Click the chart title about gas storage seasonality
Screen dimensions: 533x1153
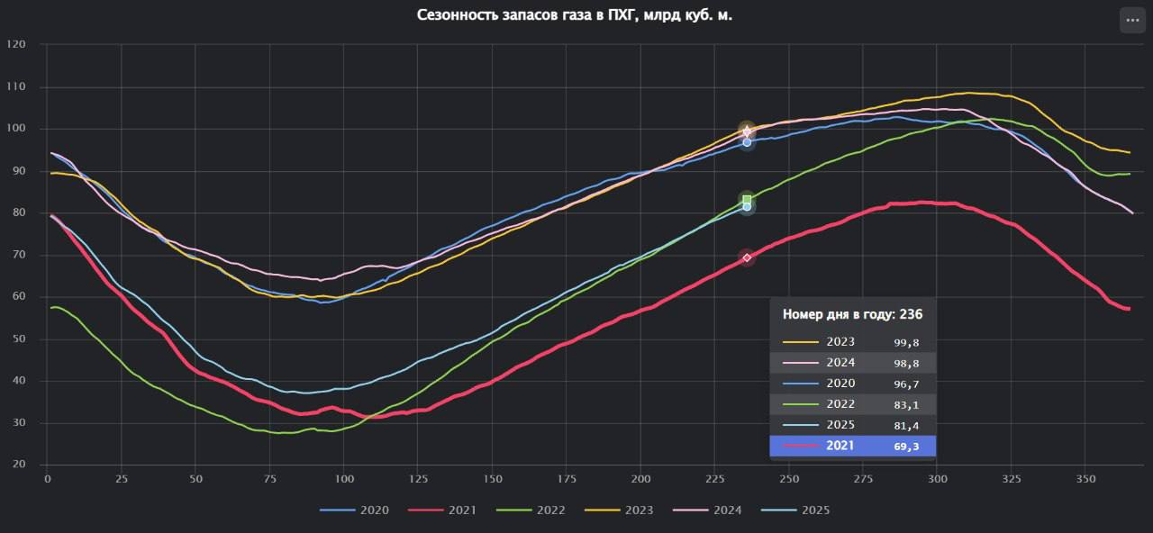(575, 15)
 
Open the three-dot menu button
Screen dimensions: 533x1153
(1132, 20)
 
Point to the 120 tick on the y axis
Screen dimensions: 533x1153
(15, 45)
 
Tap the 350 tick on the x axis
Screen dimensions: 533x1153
(1085, 479)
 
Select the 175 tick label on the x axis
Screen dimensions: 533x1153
(566, 479)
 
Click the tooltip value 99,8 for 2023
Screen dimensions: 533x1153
(905, 343)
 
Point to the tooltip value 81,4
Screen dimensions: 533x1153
(905, 426)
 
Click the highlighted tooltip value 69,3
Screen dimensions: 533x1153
(905, 447)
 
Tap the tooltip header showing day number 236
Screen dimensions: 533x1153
(852, 314)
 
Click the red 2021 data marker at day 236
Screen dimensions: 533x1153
(747, 257)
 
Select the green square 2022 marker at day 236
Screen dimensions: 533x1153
(747, 200)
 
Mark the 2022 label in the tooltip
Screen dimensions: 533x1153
(840, 404)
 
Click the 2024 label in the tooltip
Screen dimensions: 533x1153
(840, 363)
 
